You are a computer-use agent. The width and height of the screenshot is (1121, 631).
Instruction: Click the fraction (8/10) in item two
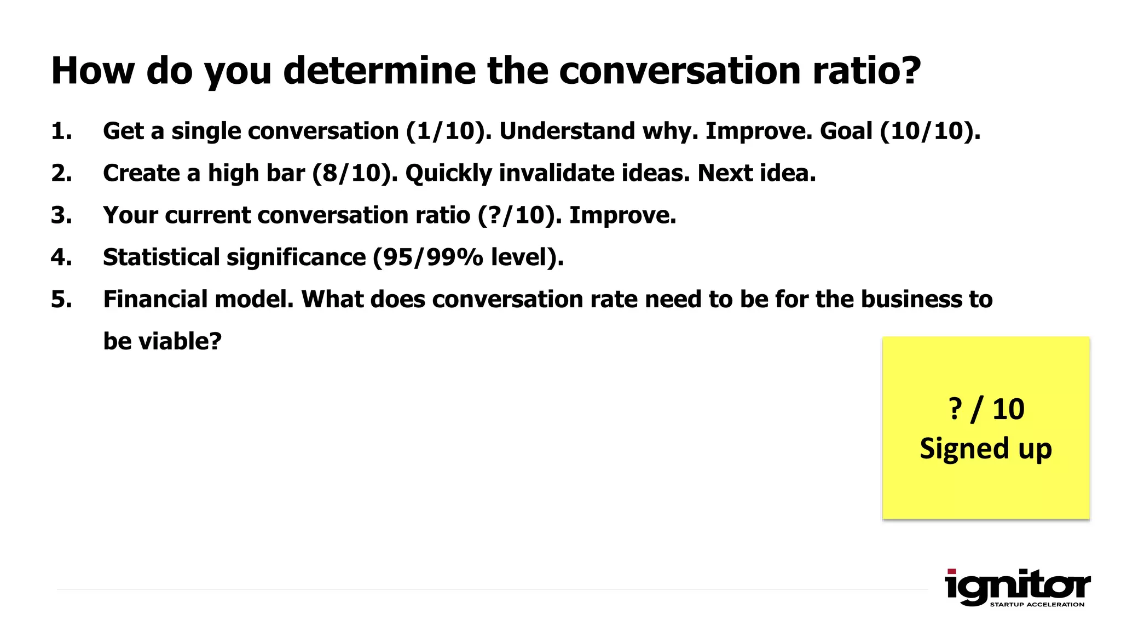click(x=355, y=174)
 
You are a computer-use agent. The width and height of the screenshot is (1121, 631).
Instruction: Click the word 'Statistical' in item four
click(x=161, y=257)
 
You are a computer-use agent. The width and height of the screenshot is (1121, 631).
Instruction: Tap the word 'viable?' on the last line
click(x=180, y=342)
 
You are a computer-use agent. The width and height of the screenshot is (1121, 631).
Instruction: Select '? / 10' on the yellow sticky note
click(x=986, y=409)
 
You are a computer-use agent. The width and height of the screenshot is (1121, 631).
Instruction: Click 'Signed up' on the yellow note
click(x=986, y=449)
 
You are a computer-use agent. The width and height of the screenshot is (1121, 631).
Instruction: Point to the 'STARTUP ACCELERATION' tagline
click(x=1037, y=605)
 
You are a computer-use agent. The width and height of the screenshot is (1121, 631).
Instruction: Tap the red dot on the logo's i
click(x=952, y=572)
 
